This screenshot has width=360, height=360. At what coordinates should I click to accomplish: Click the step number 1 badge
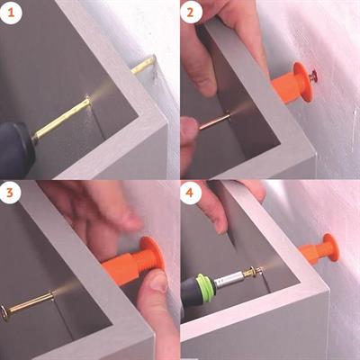pyautogui.click(x=11, y=12)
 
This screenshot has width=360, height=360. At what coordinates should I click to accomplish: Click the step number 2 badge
pyautogui.click(x=190, y=12)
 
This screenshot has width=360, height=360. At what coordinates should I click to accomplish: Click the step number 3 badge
pyautogui.click(x=11, y=192)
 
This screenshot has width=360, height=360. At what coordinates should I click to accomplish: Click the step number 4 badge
pyautogui.click(x=190, y=192)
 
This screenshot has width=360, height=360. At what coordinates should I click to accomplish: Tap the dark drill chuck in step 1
pyautogui.click(x=16, y=148)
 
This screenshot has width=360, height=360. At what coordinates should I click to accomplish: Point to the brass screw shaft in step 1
pyautogui.click(x=61, y=119)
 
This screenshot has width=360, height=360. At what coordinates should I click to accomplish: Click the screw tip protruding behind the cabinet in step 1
pyautogui.click(x=144, y=65)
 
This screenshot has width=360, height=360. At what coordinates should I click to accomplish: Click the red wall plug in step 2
pyautogui.click(x=314, y=74)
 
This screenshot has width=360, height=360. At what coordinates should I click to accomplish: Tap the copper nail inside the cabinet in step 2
pyautogui.click(x=214, y=121)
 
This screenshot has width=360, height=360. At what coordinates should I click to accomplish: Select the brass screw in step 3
pyautogui.click(x=29, y=304)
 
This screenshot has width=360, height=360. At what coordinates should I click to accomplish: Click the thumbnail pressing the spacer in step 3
pyautogui.click(x=158, y=282)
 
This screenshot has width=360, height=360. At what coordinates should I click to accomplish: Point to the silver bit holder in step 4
pyautogui.click(x=229, y=278)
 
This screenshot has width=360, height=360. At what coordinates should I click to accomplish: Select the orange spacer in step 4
pyautogui.click(x=319, y=250)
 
